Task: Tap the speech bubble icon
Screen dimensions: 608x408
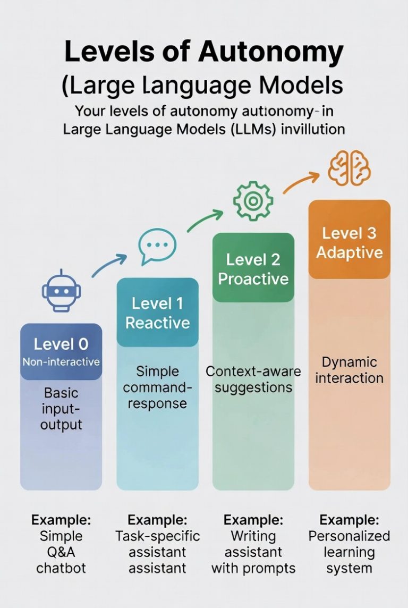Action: (157, 247)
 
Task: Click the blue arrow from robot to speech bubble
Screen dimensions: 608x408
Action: (109, 265)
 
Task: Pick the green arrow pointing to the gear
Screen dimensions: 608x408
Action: (205, 220)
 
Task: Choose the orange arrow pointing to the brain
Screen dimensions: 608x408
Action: (301, 180)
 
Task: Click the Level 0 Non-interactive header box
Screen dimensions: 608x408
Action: (61, 351)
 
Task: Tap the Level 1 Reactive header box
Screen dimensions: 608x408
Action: (157, 313)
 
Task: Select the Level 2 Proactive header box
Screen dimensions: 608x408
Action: (253, 268)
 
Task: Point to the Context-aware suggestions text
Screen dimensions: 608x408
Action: (253, 378)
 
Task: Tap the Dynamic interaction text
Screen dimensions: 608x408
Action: (349, 370)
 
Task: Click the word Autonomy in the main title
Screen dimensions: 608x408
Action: (271, 53)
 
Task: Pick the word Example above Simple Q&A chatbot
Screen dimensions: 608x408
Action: (61, 519)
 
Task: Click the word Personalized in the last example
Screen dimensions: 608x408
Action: (349, 535)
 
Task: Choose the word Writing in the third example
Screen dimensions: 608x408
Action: (253, 535)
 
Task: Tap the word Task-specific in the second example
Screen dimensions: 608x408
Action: (157, 535)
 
